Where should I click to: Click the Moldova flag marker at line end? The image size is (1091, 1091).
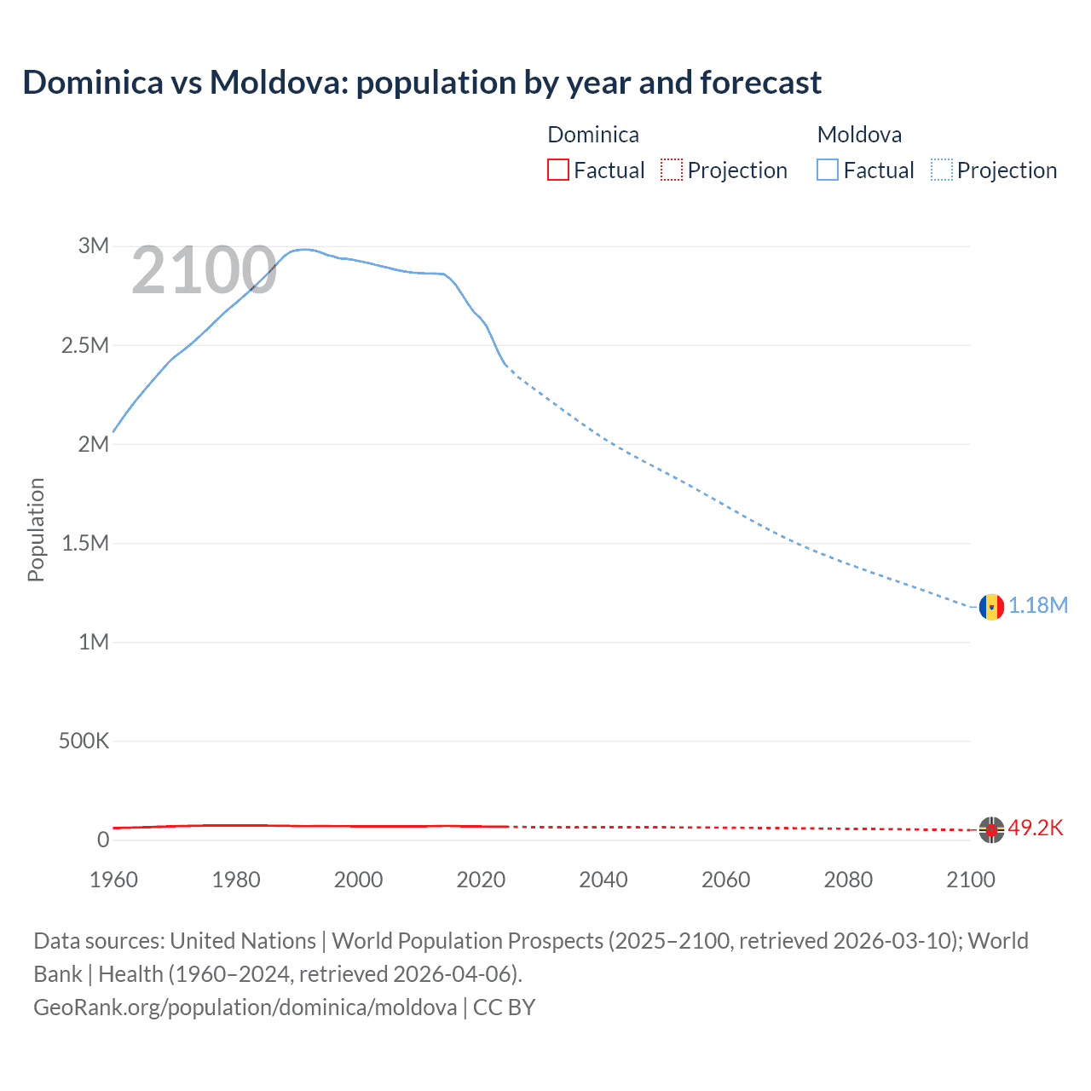[990, 607]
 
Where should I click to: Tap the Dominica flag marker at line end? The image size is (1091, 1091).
[990, 829]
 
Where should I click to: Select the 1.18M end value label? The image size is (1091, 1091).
[1038, 606]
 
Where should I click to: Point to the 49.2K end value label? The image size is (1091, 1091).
[1036, 828]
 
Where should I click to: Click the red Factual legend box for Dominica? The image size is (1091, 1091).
[557, 170]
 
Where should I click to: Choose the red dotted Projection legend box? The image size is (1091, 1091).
[672, 170]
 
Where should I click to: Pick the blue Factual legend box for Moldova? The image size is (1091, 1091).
[828, 170]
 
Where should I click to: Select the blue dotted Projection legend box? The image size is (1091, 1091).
[942, 170]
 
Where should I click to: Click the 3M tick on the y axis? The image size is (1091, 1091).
[94, 246]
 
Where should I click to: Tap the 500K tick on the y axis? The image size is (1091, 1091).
[84, 742]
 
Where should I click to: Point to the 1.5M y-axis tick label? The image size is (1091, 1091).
[85, 544]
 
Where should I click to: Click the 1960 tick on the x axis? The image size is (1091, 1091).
[113, 880]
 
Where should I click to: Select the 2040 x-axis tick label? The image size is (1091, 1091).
[603, 880]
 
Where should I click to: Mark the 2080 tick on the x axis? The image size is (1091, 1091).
[848, 880]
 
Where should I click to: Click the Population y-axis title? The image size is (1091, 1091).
[36, 529]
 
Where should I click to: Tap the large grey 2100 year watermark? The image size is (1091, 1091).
[204, 271]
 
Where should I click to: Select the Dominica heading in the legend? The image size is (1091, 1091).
[593, 135]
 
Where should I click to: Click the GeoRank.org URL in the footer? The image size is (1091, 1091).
[245, 1007]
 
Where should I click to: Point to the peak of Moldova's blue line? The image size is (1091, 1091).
[304, 250]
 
